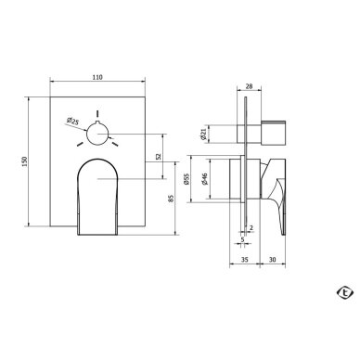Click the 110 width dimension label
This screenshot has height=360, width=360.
coord(97,77)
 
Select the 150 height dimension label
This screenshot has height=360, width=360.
coord(25,161)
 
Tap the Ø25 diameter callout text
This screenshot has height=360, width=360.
coord(72,122)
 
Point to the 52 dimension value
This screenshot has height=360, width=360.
coord(159,157)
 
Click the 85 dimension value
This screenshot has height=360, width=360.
coord(172,199)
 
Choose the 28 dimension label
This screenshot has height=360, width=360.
coord(249,86)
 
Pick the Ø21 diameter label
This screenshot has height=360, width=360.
coord(203,134)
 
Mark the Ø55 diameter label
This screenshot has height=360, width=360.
coord(186,179)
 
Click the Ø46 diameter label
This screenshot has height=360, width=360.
coord(205,179)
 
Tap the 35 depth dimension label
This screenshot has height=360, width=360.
coord(244,260)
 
